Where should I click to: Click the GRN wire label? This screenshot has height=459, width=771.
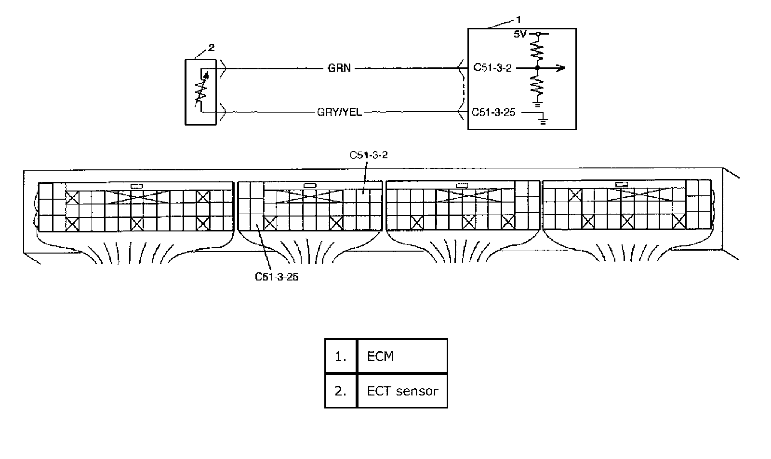click(x=339, y=68)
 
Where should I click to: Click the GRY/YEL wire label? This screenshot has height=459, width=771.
click(x=339, y=113)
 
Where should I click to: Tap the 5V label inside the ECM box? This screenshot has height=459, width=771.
click(x=520, y=34)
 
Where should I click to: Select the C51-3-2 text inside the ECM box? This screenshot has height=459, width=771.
click(x=492, y=68)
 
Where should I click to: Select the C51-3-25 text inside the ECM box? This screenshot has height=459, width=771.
click(x=493, y=113)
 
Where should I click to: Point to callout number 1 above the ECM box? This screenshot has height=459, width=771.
click(x=518, y=20)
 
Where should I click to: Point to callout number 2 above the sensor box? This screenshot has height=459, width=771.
click(x=211, y=48)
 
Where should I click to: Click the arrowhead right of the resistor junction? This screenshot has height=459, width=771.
click(x=560, y=68)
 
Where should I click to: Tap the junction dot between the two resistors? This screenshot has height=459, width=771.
click(x=538, y=68)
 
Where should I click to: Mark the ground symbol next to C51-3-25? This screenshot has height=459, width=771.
click(x=543, y=120)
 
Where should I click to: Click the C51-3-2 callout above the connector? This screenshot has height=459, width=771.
click(x=368, y=155)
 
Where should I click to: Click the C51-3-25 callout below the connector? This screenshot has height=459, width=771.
click(x=277, y=277)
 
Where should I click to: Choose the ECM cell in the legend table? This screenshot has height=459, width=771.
click(x=402, y=356)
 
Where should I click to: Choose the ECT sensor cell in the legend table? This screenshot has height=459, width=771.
click(x=402, y=391)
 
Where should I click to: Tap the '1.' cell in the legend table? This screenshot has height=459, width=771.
click(x=341, y=356)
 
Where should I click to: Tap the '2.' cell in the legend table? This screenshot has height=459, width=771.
click(x=341, y=391)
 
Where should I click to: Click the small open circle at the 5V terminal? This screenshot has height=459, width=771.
click(x=538, y=34)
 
